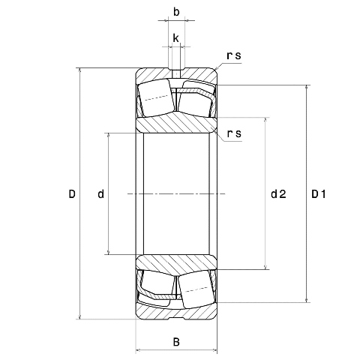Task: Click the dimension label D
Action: tap(72, 195)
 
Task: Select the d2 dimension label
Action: tap(278, 195)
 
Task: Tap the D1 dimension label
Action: tap(319, 195)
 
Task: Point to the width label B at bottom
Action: tap(176, 343)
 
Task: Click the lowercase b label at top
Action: tap(176, 13)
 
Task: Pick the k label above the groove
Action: tap(175, 37)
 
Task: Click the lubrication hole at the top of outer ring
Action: tap(176, 73)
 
